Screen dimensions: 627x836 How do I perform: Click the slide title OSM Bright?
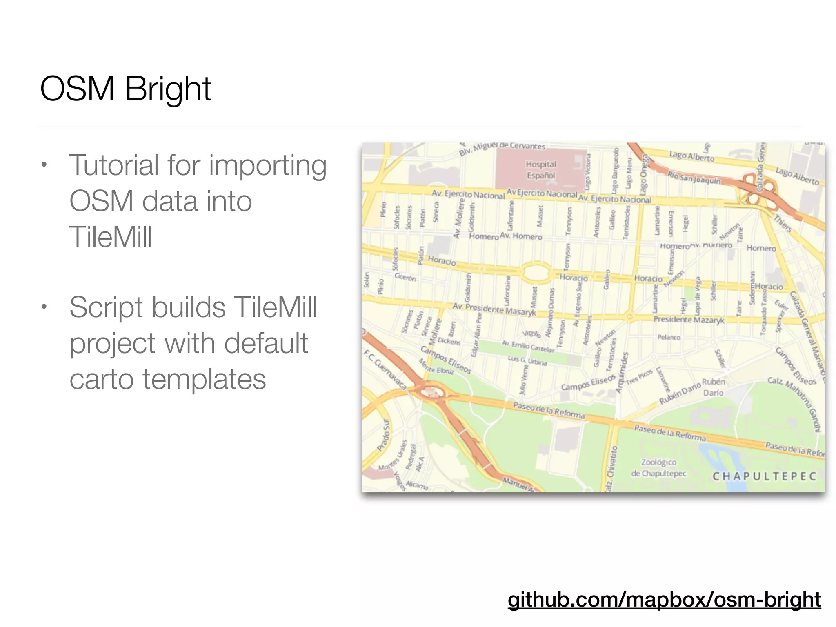125,89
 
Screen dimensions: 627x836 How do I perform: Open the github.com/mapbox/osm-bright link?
664,599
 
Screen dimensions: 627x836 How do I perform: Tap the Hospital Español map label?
540,170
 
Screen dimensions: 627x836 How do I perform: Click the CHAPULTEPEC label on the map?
764,476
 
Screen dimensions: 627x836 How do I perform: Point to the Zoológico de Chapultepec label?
659,468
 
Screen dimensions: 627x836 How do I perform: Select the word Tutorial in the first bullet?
113,165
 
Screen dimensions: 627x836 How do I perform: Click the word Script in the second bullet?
107,307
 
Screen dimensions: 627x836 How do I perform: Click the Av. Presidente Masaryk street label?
494,309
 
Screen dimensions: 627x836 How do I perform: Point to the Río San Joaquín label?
694,177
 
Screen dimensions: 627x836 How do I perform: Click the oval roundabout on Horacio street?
536,272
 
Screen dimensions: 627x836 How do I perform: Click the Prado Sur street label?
384,435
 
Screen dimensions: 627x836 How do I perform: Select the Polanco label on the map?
669,337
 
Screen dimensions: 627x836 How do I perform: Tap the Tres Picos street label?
639,377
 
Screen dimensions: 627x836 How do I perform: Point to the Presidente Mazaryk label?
689,320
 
